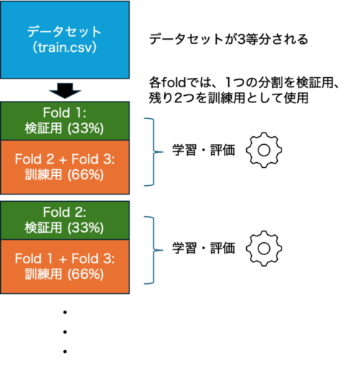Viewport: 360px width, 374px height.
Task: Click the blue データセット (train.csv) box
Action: pos(65,40)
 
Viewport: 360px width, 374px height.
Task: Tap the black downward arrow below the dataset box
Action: pos(65,91)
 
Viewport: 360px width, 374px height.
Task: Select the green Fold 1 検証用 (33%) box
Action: pos(65,121)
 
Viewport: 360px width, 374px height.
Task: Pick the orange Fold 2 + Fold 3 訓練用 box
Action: pos(65,167)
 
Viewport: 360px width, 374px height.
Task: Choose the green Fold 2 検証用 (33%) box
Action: pos(65,221)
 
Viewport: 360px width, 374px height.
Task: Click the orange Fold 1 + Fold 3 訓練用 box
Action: pos(65,267)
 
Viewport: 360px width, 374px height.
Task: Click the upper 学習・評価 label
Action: pos(204,150)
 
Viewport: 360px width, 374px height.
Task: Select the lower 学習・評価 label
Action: pos(204,249)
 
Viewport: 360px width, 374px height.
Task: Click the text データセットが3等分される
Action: pos(228,39)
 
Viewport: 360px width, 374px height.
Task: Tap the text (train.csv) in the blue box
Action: pos(65,48)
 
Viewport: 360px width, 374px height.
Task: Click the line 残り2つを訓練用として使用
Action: pos(228,98)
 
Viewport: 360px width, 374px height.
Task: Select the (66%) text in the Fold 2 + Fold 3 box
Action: pos(86,174)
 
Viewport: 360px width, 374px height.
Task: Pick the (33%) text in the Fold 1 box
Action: pos(86,128)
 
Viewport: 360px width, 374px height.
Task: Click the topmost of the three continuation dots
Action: pos(65,312)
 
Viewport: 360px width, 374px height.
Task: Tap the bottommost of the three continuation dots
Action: pos(65,352)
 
